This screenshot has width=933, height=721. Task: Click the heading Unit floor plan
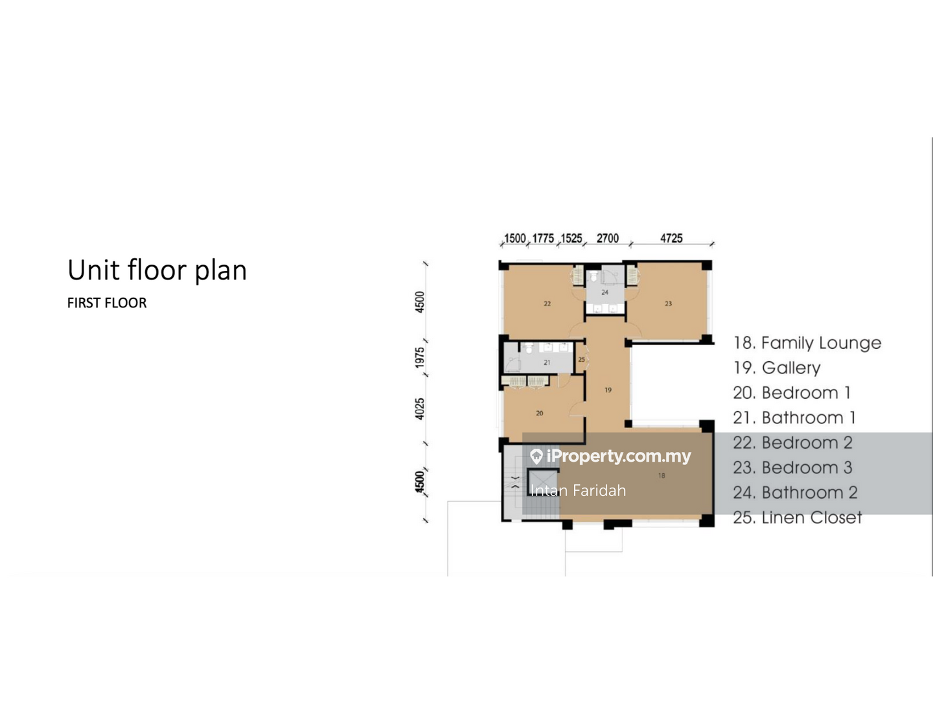pos(157,270)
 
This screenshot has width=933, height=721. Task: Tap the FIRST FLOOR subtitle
pos(107,303)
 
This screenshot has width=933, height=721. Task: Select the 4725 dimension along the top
pos(671,238)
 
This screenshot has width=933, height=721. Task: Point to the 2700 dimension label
pos(608,238)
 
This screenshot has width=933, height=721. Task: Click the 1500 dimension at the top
pos(515,238)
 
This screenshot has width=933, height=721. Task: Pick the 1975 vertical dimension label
pos(419,357)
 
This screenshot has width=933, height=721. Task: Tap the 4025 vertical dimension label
pos(419,408)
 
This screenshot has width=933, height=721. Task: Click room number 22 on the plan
pos(547,304)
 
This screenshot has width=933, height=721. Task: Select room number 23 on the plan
pos(668,304)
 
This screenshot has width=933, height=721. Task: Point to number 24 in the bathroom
pos(605,292)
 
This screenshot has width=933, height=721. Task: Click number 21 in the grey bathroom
pos(547,362)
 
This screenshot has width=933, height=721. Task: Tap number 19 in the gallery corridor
pos(608,390)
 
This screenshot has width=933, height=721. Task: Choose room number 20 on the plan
pos(539,414)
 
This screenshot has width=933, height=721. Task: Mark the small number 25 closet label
pos(581,360)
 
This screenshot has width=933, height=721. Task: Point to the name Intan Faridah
pos(578,491)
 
